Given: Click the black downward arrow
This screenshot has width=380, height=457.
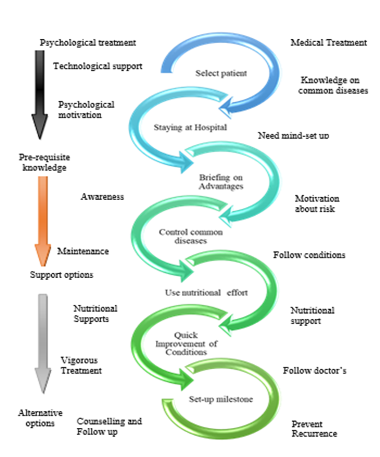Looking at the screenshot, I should coord(39,93).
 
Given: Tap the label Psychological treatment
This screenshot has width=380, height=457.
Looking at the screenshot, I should coord(88,43).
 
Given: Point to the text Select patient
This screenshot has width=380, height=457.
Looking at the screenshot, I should coord(213,73).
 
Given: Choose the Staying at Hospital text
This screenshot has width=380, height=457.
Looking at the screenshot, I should coord(190,127).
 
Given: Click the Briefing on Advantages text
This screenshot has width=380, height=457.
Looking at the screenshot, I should coord(221,182).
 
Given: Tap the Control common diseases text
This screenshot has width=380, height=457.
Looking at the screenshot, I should coord(191,236).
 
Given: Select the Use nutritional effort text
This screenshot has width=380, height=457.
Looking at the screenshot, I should coord(206,292).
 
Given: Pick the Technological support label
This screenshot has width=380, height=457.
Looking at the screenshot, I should coord(97,66).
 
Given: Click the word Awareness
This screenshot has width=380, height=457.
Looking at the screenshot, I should coord(102,197).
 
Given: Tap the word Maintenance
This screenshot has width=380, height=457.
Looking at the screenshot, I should coord(83,251).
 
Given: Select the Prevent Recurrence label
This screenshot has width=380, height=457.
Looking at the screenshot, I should coord(314,428).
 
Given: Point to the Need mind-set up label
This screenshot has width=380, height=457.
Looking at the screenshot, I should coord(293,136).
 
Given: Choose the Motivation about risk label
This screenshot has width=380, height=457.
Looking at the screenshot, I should coord(317,203).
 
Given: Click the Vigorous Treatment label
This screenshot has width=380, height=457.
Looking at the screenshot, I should coord(81,365).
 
